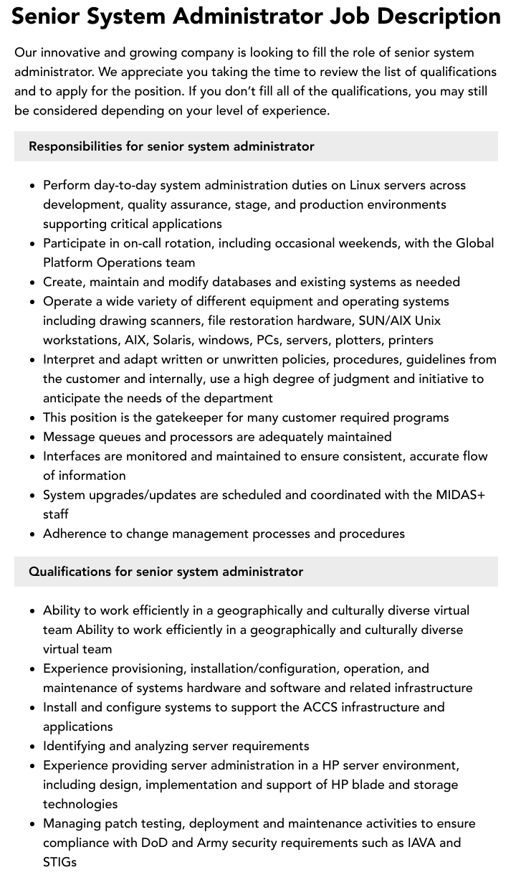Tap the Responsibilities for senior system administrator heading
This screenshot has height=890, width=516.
click(x=171, y=146)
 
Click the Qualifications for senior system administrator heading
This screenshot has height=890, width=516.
click(x=166, y=572)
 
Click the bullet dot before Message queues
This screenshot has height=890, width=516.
click(x=33, y=437)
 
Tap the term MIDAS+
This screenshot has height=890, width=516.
click(x=460, y=495)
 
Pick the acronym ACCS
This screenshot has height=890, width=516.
click(x=320, y=707)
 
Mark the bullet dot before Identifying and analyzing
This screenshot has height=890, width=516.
click(x=33, y=747)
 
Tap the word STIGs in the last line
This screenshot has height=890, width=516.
click(x=59, y=862)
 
